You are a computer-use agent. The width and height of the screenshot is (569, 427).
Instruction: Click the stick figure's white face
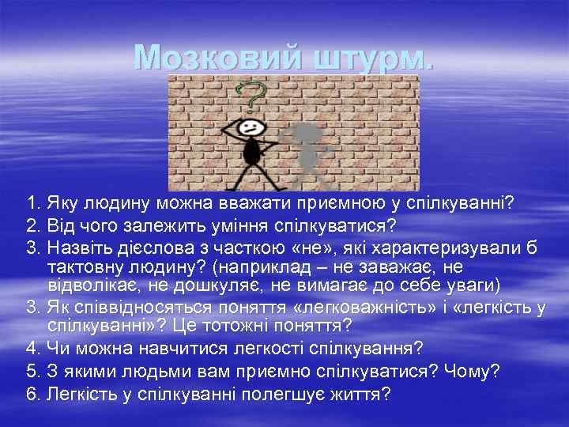point(250,127)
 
